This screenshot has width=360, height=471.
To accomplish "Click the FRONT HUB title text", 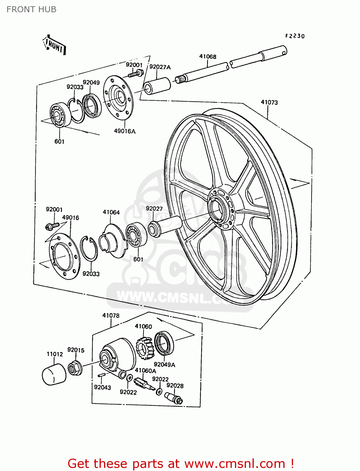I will (x=31, y=9).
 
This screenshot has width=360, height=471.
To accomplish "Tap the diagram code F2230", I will (x=295, y=36).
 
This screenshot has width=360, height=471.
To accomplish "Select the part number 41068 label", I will (x=208, y=57).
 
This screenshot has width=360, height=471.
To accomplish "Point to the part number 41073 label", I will (x=269, y=102).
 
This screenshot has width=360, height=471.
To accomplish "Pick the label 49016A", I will (x=125, y=131).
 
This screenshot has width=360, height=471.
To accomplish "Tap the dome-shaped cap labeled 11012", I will (x=54, y=374).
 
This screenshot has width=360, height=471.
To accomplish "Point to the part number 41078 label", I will (x=111, y=316).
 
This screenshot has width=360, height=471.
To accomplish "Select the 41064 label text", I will (x=111, y=212).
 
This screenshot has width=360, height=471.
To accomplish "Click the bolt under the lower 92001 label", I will (x=52, y=226).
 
